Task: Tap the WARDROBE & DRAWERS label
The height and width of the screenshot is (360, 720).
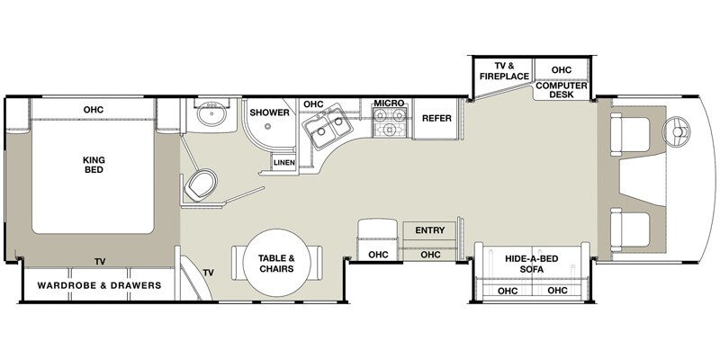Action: (x=99, y=285)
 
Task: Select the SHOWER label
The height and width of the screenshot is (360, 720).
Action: (x=269, y=113)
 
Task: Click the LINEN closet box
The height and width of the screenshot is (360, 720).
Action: (x=284, y=163)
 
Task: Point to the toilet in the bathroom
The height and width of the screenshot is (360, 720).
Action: (x=199, y=185)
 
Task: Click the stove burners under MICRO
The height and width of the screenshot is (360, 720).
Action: (x=391, y=130)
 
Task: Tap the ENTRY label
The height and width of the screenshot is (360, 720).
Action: (x=430, y=230)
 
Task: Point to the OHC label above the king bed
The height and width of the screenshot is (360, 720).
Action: (x=94, y=110)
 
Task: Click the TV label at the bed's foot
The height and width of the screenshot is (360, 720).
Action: (x=99, y=262)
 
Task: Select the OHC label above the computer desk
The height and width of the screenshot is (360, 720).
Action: (x=562, y=69)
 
